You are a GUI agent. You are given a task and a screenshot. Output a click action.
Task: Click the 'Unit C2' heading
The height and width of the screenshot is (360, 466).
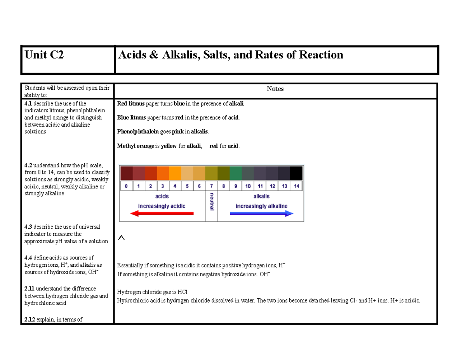point(44,55)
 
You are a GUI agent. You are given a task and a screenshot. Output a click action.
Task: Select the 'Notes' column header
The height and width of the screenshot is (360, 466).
point(275,89)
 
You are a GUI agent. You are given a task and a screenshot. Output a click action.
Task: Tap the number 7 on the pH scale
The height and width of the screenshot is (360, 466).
point(211,186)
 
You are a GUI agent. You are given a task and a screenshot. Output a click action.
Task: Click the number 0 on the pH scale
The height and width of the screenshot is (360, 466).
point(127,186)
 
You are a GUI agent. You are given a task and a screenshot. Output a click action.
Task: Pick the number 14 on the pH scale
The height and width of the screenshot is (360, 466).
point(296,186)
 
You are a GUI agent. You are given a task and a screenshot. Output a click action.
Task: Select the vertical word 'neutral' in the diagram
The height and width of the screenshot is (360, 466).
point(212,202)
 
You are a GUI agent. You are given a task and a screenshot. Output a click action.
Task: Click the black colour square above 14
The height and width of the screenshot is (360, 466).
point(296,173)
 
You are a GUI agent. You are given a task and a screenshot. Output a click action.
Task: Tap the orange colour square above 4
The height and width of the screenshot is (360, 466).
point(175,173)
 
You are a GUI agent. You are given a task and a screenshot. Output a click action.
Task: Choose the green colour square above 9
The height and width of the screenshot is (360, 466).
point(235,173)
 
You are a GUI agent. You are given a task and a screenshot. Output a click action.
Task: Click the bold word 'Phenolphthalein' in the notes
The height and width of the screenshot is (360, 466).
point(138,132)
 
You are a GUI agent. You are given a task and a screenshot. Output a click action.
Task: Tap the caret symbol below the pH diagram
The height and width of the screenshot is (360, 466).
point(121,237)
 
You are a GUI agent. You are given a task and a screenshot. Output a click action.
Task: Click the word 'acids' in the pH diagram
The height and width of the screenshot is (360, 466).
point(162,197)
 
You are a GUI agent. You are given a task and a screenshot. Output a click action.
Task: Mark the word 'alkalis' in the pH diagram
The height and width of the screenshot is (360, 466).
point(261,197)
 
